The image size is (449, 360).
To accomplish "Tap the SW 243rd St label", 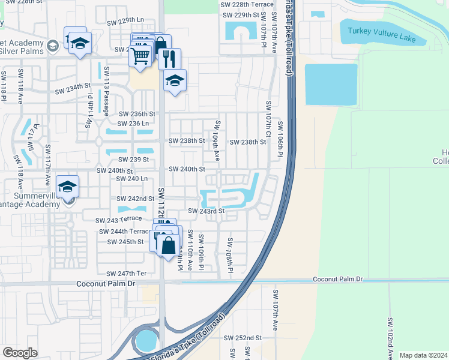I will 206,211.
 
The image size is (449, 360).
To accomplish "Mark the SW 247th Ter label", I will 126,273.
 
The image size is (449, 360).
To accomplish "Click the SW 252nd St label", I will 243,338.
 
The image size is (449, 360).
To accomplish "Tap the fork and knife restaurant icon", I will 169,58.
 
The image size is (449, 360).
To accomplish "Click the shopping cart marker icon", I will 140,56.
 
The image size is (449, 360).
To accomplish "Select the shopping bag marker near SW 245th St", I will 169,245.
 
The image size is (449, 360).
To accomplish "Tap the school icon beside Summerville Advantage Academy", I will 68,186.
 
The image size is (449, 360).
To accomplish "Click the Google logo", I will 20,353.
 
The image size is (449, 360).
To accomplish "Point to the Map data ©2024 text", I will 423,355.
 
